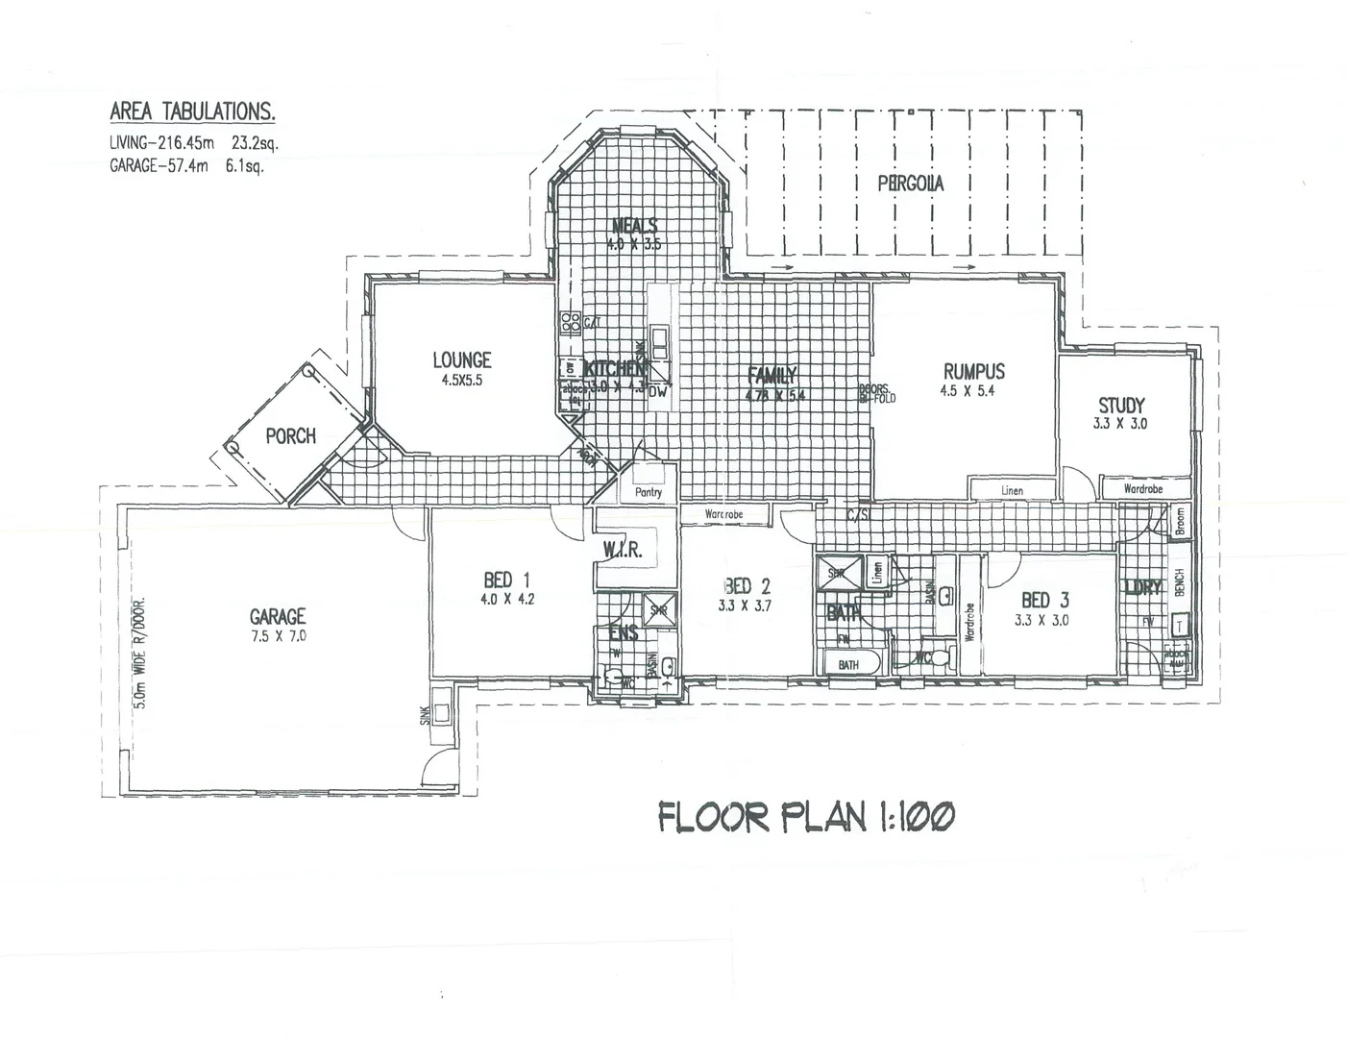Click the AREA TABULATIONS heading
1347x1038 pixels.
[192, 111]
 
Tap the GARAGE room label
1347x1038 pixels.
[278, 616]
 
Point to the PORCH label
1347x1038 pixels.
[290, 436]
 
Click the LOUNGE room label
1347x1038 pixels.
[461, 360]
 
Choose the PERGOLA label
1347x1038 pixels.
[910, 183]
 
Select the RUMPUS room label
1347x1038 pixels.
[973, 371]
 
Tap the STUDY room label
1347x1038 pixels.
[1121, 406]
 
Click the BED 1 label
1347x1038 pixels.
[506, 580]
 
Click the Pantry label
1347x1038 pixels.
[649, 492]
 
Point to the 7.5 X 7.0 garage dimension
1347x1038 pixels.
[278, 636]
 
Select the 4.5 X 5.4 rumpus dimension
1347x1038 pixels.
[972, 391]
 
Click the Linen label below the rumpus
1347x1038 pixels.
[1012, 490]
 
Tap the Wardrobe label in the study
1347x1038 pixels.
[1142, 489]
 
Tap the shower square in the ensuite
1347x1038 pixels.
[659, 609]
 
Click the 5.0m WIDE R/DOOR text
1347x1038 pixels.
[140, 654]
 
